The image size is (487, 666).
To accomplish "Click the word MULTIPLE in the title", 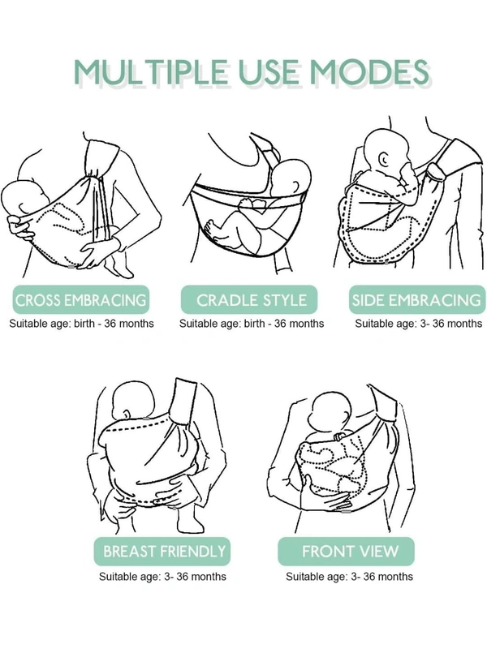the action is [x=150, y=71].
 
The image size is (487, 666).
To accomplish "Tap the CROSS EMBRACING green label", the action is [x=80, y=300].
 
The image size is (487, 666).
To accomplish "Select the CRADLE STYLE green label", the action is [x=249, y=300].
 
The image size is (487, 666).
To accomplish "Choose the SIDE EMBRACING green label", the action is [x=417, y=300].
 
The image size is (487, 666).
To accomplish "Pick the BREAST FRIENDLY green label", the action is [x=162, y=552].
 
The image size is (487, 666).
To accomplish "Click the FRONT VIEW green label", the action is [x=347, y=552].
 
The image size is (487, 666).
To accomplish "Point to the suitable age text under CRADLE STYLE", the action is [x=252, y=324].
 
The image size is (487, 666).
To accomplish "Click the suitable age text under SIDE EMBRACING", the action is [x=419, y=324].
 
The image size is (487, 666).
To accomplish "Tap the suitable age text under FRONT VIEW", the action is [x=349, y=577].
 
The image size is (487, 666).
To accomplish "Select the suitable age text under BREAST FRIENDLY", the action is [x=163, y=577].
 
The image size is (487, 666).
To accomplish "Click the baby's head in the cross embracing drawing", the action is [x=24, y=200].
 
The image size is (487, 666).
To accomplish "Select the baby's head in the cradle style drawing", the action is [x=292, y=179].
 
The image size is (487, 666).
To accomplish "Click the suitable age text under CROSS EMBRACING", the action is [x=82, y=324].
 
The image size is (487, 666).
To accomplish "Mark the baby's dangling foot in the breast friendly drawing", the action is [x=190, y=520].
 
